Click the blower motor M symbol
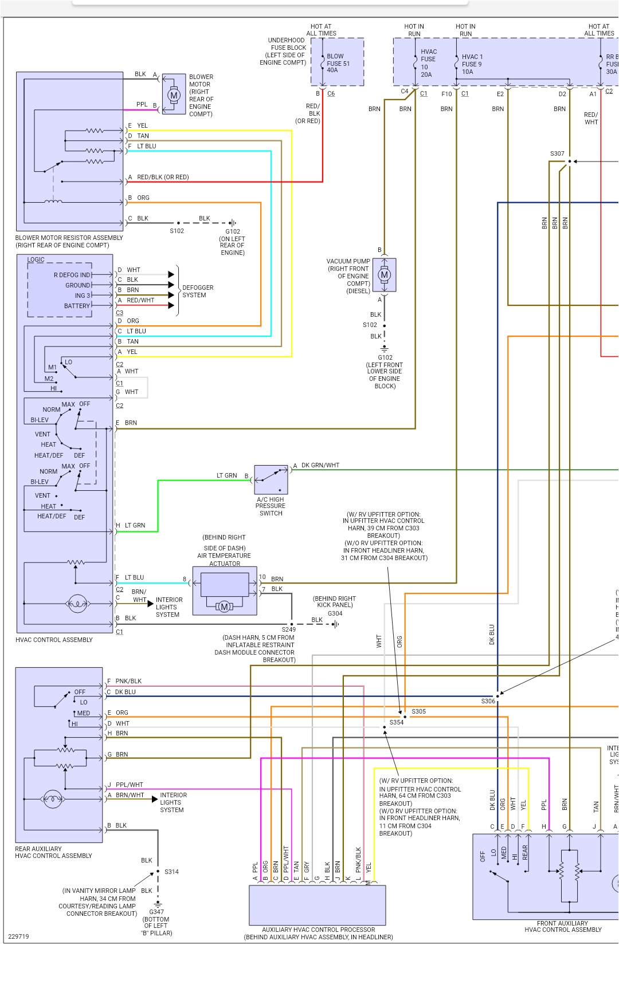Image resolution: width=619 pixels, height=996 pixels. tap(174, 95)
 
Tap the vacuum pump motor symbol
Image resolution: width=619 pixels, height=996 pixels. tap(384, 275)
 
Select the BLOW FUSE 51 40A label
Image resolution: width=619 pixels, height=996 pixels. tap(338, 63)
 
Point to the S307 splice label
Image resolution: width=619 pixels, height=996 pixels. tap(557, 153)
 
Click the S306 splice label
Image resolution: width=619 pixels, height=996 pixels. tap(488, 701)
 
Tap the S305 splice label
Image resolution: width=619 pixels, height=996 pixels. tap(418, 711)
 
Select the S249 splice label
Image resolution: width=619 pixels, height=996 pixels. tap(288, 629)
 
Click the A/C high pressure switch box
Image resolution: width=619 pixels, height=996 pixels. tap(271, 480)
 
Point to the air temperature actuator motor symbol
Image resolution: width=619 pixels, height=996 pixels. tap(224, 607)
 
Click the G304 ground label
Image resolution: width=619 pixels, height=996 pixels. tap(335, 613)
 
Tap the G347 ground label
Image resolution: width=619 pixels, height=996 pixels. tap(156, 912)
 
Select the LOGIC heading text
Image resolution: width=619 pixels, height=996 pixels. tap(36, 259)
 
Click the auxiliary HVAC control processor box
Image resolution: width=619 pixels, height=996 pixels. tap(317, 905)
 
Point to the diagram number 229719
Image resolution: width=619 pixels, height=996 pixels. tap(18, 936)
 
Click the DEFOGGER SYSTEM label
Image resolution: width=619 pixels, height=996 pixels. tap(198, 292)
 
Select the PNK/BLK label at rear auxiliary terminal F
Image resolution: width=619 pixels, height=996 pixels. tap(128, 681)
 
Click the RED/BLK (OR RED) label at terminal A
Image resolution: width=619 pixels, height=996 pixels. tap(162, 177)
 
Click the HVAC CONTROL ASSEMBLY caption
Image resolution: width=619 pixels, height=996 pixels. tap(54, 640)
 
